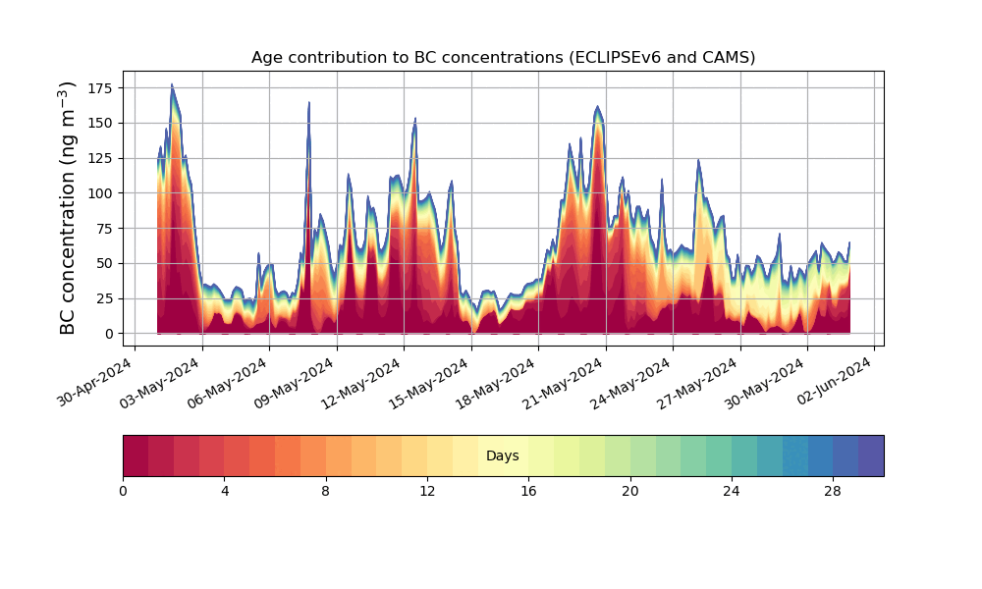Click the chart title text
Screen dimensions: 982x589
pos(503,58)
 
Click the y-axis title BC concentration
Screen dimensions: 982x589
pos(67,208)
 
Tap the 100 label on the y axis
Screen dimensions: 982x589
pos(102,193)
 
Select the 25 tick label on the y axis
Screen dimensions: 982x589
pos(106,298)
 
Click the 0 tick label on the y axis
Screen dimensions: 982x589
pos(110,334)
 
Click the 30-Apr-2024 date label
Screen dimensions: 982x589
pos(94,381)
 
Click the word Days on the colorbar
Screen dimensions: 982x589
pos(502,455)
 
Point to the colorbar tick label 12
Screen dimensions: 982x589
pos(427,492)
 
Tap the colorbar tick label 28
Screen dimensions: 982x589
pos(833,492)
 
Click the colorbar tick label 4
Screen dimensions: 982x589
pos(225,492)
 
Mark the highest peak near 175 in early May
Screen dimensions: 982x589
pos(172,83)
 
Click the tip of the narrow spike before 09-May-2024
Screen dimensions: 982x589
pos(308,102)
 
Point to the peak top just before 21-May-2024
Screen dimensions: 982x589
pos(597,106)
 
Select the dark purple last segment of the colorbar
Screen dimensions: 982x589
pos(871,455)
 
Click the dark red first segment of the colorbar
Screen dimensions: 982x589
pos(136,455)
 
